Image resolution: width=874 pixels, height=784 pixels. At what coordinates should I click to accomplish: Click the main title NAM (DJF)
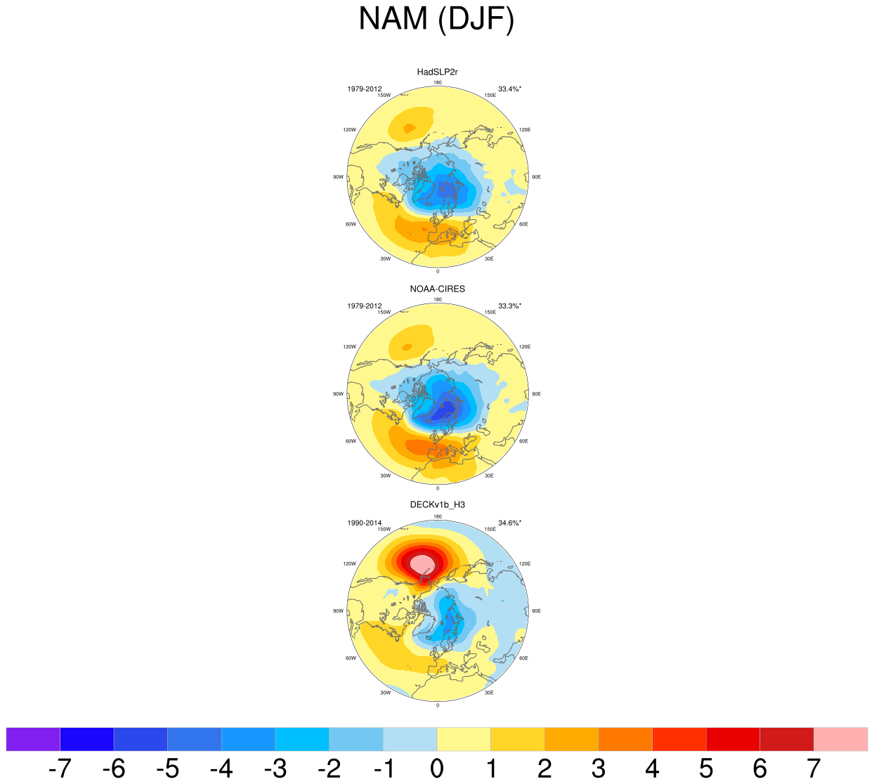[x=436, y=19]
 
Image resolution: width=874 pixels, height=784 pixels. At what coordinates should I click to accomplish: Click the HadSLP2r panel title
[x=437, y=72]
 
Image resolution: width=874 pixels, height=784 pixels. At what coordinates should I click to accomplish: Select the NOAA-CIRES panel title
[x=437, y=289]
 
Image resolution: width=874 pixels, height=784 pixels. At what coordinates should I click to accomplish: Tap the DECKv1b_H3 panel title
[x=437, y=504]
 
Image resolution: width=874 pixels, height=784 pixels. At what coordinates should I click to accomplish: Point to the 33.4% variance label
[x=509, y=89]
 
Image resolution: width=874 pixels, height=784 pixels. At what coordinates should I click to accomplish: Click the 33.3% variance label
[x=509, y=306]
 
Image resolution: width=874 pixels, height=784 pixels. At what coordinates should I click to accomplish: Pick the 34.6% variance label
[x=509, y=523]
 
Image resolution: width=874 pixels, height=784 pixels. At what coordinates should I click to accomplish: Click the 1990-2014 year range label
[x=364, y=523]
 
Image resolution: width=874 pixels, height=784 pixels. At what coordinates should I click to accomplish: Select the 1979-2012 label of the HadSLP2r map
[x=364, y=89]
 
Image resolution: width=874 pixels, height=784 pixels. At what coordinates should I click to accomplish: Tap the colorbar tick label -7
[x=60, y=769]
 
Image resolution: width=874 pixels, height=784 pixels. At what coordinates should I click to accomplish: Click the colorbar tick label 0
[x=437, y=769]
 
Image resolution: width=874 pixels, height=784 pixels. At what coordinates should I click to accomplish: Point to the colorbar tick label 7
[x=814, y=769]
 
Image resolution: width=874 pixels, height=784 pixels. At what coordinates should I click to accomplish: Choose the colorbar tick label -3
[x=275, y=769]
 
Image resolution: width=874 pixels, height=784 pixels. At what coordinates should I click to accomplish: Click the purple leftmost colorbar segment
[x=33, y=739]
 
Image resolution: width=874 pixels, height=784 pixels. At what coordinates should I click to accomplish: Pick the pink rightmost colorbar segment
[x=840, y=739]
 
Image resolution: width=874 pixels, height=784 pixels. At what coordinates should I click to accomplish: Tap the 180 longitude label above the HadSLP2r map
[x=438, y=83]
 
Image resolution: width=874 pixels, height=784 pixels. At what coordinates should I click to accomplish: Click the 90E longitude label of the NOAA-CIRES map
[x=536, y=394]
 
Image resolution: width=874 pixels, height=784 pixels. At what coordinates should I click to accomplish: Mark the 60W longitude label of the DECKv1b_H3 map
[x=351, y=658]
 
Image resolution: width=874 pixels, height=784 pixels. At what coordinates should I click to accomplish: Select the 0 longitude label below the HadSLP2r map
[x=438, y=271]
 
